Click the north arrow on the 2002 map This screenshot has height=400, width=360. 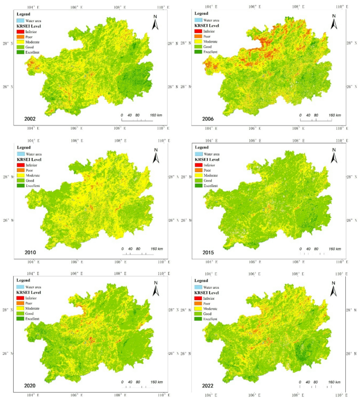coord(156,24)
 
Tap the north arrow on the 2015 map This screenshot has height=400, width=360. coord(334,155)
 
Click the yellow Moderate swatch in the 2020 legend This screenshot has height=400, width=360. coord(22,309)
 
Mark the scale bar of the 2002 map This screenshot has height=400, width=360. coord(138,120)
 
